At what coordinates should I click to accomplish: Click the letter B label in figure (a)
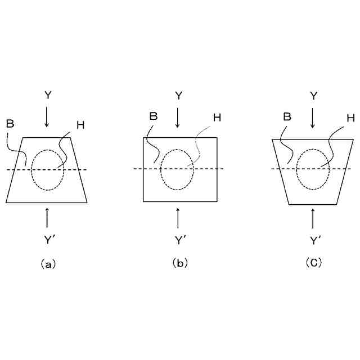tap(10, 123)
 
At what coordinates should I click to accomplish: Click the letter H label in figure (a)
tap(80, 125)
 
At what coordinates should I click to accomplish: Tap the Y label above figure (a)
tap(47, 95)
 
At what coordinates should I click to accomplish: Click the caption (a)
tap(47, 263)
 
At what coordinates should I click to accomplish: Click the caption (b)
tap(179, 263)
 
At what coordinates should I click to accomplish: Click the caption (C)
tap(313, 263)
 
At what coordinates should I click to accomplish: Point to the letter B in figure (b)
tap(152, 117)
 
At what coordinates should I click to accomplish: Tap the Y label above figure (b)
tap(178, 95)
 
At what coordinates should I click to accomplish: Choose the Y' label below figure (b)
tap(180, 240)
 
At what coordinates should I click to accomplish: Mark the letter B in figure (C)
tap(286, 117)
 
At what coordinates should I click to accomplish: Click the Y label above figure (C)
tap(313, 95)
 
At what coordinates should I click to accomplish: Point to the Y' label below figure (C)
tap(314, 240)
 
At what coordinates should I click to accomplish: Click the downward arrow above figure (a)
tap(47, 116)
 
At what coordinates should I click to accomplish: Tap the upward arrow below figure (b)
tap(178, 217)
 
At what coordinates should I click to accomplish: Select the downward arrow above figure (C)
tap(313, 116)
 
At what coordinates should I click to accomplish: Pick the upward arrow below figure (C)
tap(313, 218)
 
